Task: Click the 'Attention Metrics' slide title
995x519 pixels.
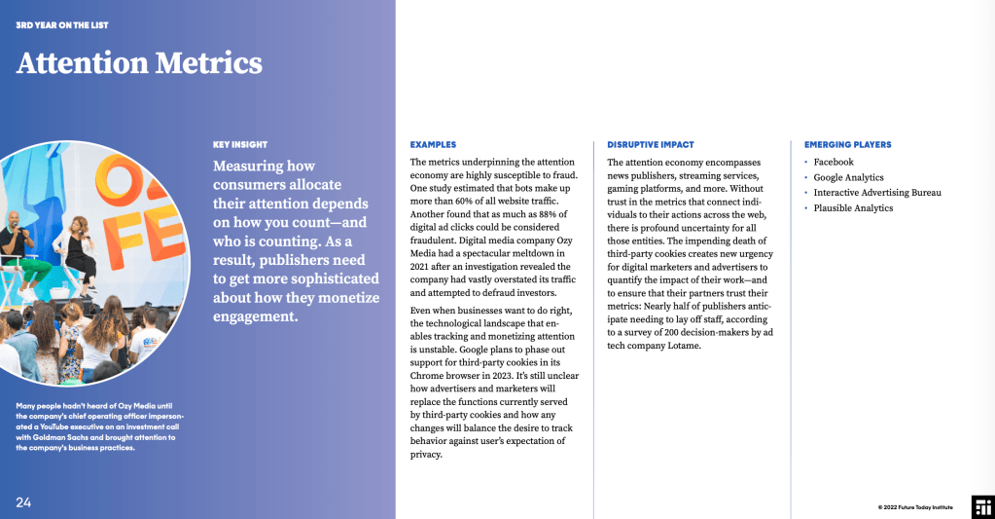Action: (139, 63)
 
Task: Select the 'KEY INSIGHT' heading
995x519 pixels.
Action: (239, 144)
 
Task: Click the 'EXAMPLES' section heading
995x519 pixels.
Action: (433, 144)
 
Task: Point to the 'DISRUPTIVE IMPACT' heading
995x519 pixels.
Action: (650, 144)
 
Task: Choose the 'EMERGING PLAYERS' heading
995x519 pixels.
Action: (847, 144)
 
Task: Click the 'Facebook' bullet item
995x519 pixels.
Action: (834, 162)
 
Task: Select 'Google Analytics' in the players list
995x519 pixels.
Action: (848, 177)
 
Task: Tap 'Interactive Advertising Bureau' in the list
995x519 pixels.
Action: (877, 193)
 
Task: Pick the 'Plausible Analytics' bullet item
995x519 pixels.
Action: (853, 208)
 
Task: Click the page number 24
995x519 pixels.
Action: (23, 502)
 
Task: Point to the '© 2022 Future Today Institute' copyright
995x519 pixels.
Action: (915, 507)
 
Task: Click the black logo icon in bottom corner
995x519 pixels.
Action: (982, 505)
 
